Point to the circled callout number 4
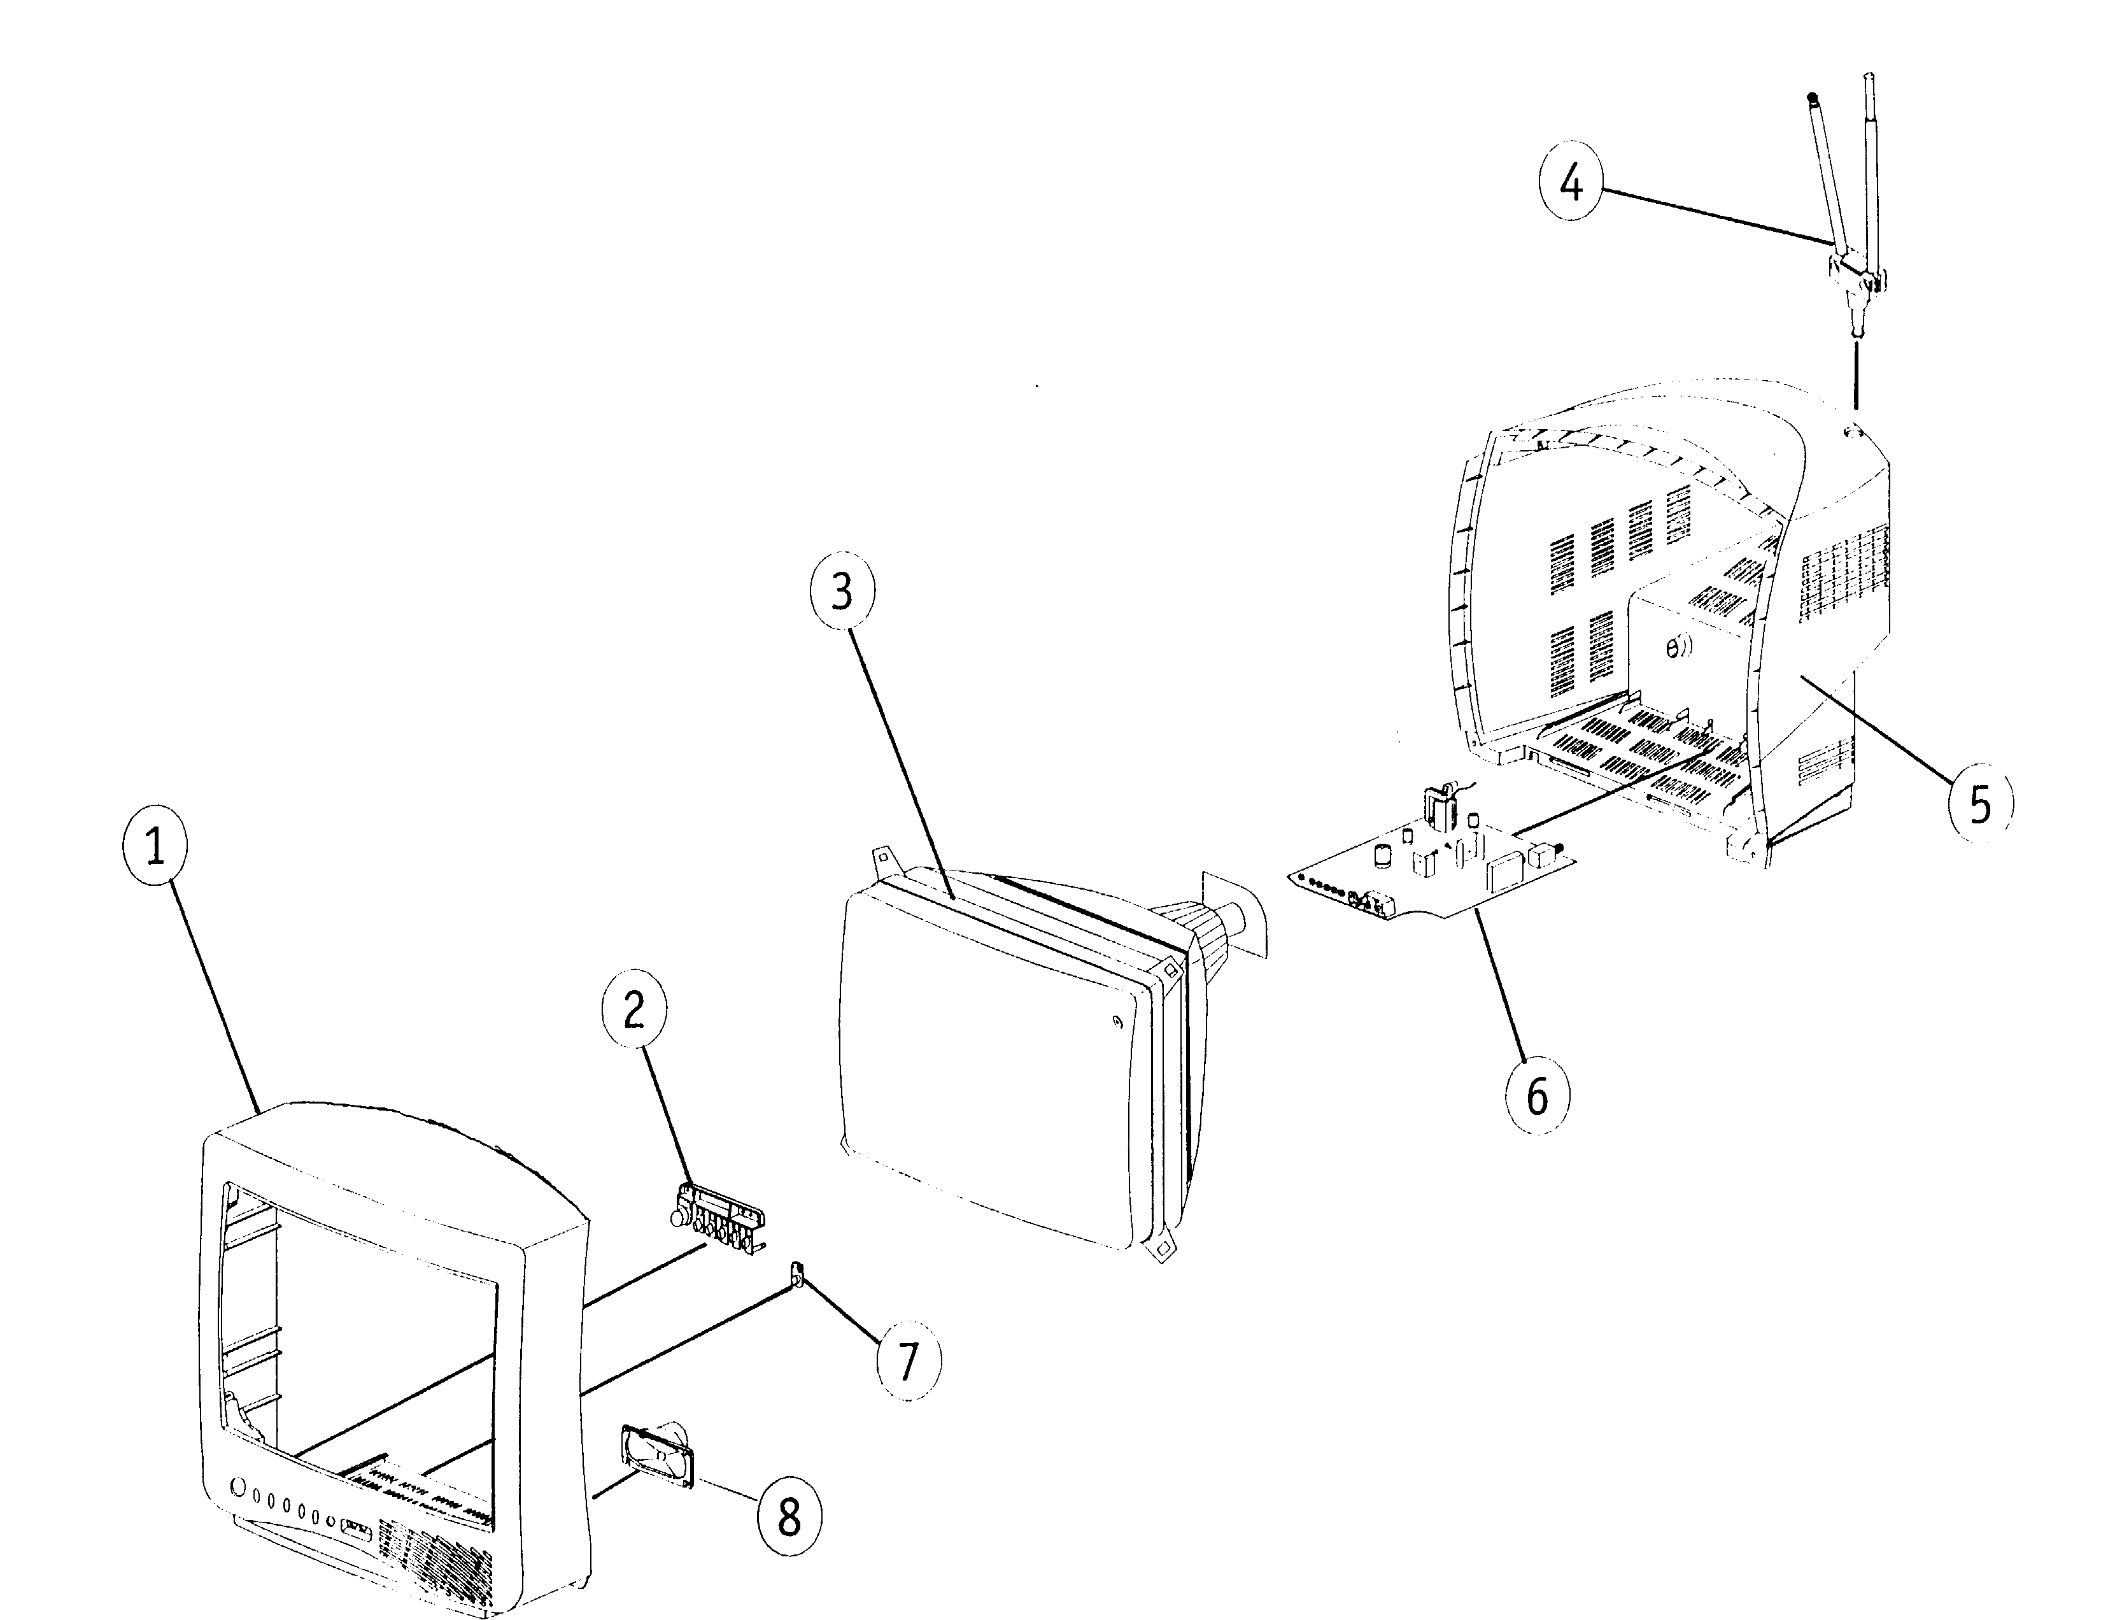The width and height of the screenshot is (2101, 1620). tap(1571, 183)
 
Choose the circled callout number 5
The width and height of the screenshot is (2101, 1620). tap(1980, 804)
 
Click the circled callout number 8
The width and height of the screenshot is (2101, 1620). tap(789, 1518)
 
